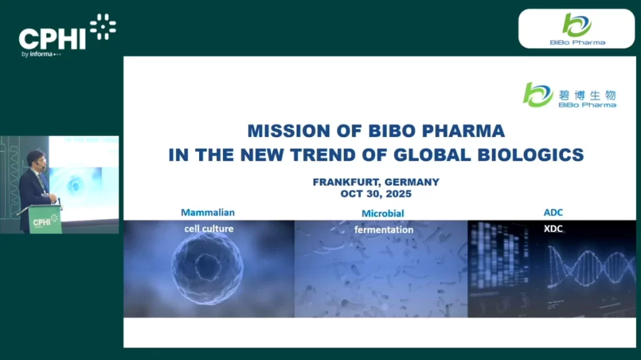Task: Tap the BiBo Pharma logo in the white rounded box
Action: point(577,29)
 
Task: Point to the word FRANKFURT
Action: point(346,182)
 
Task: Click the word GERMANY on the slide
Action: point(412,182)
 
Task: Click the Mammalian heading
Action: point(208,213)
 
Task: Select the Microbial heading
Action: point(382,213)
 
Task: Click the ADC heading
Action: point(553,213)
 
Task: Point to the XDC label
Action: point(553,229)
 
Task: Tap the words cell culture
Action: point(208,229)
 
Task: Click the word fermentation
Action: point(384,230)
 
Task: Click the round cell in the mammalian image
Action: point(207,267)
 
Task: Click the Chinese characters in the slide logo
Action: point(587,95)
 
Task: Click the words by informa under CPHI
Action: point(38,54)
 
